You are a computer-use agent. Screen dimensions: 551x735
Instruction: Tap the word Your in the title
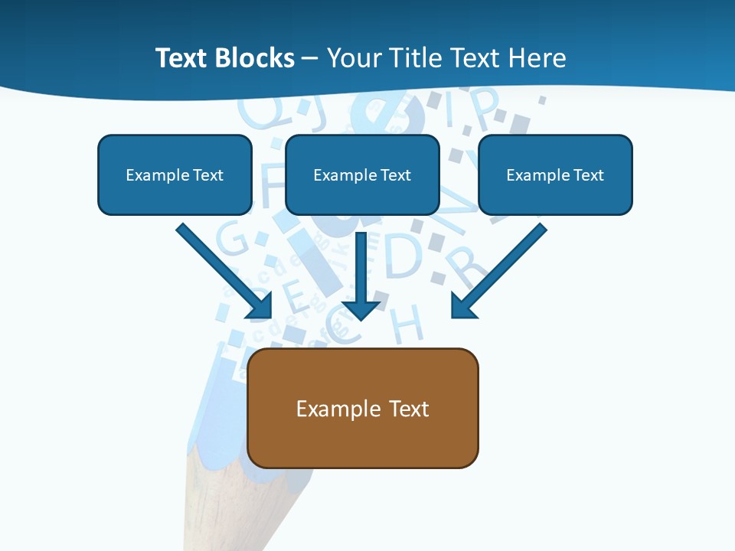pyautogui.click(x=354, y=58)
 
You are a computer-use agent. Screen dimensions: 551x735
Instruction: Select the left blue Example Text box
pyautogui.click(x=175, y=174)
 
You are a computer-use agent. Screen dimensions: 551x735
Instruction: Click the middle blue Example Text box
pyautogui.click(x=362, y=174)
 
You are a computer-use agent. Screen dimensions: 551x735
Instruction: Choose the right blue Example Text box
pyautogui.click(x=555, y=174)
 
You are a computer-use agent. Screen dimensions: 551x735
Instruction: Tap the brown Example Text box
pyautogui.click(x=363, y=408)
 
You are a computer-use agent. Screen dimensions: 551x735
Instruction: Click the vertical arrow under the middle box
pyautogui.click(x=361, y=279)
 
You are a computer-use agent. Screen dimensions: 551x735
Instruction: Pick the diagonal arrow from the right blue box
pyautogui.click(x=498, y=271)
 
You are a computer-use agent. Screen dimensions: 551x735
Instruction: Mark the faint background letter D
pyautogui.click(x=403, y=256)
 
